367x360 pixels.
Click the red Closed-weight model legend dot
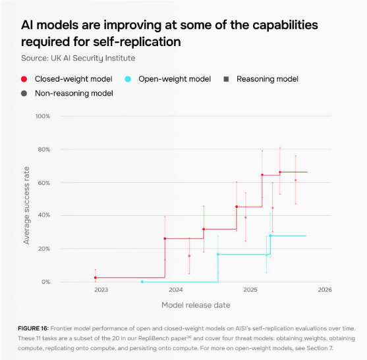point(24,79)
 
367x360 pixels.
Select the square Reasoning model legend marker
point(227,79)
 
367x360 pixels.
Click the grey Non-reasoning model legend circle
point(24,93)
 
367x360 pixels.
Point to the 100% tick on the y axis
point(42,116)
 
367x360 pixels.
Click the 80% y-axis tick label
point(43,149)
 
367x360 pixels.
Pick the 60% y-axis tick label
point(43,182)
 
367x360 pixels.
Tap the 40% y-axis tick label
point(43,215)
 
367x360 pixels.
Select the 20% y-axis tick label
point(43,249)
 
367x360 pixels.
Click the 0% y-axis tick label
point(45,282)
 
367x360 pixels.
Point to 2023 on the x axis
point(101,290)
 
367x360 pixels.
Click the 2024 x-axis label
point(176,290)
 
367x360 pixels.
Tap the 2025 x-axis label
point(250,290)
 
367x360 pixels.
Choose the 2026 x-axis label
point(324,290)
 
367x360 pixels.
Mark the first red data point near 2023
point(96,278)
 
